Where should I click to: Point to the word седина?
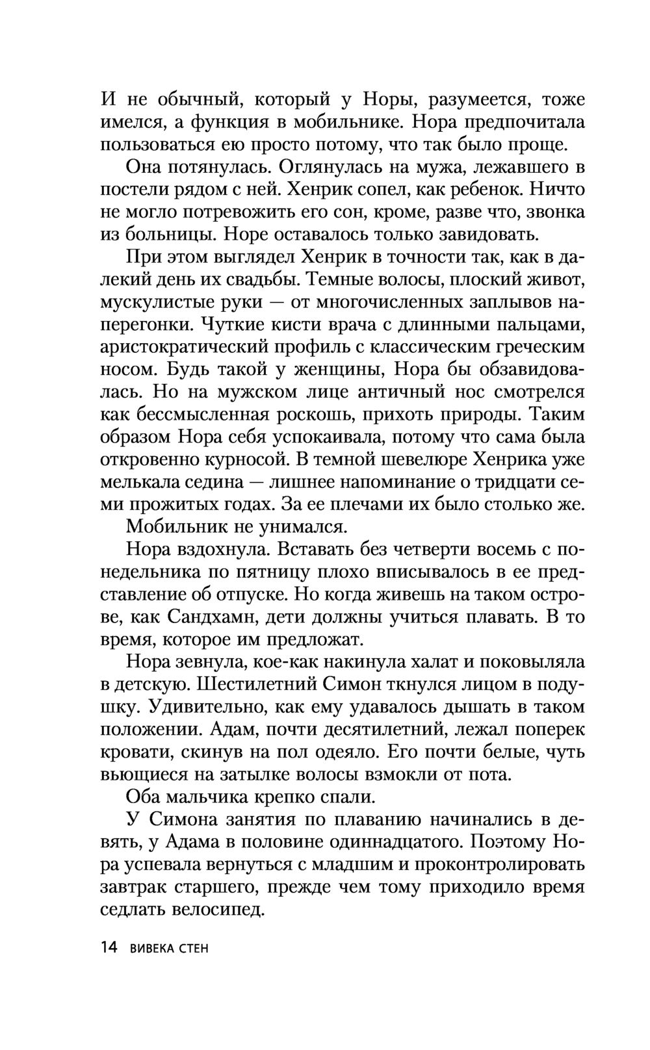(207, 481)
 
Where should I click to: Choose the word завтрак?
(136, 887)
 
